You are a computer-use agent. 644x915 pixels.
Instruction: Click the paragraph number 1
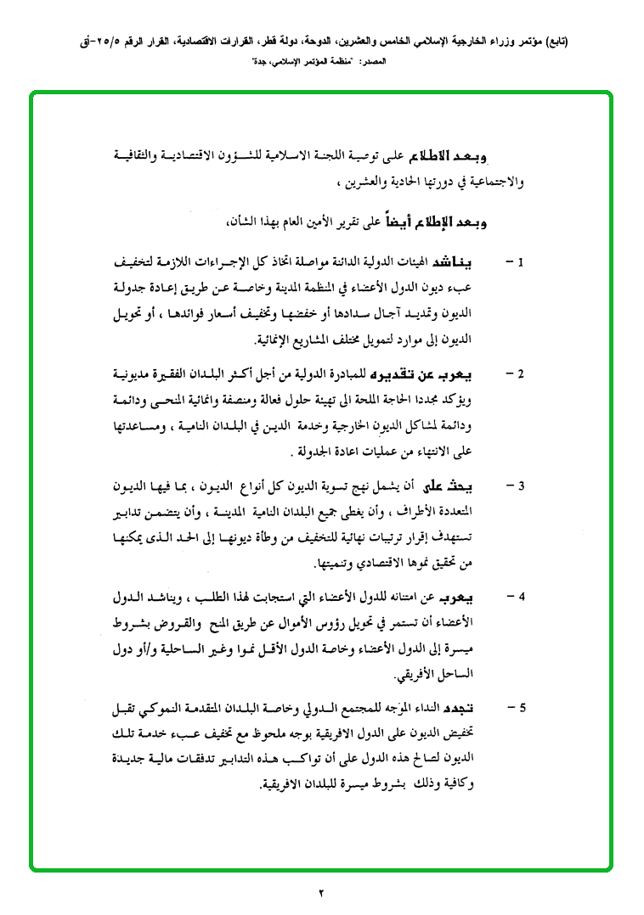tap(522, 261)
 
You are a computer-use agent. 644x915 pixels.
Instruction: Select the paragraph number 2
tap(522, 373)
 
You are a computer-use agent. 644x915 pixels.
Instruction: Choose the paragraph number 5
tap(522, 707)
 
